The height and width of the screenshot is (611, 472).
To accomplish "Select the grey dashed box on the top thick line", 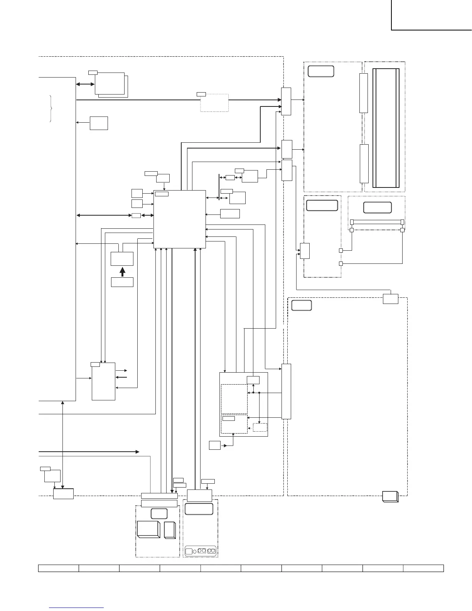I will click(214, 103).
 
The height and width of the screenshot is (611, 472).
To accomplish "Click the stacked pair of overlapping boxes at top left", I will click(111, 84).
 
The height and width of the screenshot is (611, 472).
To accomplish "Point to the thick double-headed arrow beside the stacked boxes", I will click(85, 84).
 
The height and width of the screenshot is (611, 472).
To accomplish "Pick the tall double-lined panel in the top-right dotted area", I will click(386, 128).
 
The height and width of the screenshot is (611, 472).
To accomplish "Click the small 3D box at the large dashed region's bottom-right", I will click(390, 496).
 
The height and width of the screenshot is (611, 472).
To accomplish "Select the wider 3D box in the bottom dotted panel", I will click(148, 529).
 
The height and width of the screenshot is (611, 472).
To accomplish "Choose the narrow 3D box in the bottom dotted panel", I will click(170, 530).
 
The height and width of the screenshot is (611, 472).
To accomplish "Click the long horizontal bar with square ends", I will click(377, 222).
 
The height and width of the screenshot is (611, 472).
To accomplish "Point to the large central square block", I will click(180, 219).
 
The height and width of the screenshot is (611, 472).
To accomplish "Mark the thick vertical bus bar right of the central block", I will click(219, 187).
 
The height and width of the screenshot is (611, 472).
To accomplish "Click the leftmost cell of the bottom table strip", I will click(59, 568).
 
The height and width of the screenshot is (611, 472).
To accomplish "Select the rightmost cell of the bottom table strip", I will click(423, 568).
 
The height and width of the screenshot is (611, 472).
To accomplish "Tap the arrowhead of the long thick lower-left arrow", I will click(137, 451).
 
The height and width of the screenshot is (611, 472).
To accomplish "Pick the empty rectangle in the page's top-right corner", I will click(432, 15).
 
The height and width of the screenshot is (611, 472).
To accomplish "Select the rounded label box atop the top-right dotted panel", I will click(321, 71).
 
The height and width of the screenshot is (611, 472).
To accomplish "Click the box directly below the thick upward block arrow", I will click(122, 282).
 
